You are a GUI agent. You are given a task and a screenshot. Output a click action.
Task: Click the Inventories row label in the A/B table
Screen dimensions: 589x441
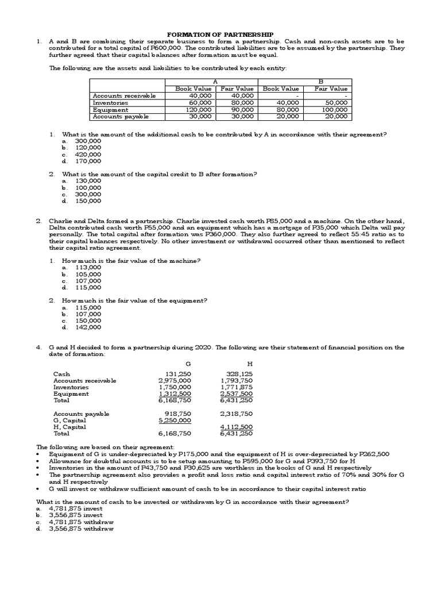(x=110, y=102)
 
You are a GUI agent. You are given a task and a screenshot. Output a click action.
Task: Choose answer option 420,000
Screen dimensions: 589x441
(x=88, y=154)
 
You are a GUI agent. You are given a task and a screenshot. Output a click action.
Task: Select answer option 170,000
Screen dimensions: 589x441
(x=88, y=161)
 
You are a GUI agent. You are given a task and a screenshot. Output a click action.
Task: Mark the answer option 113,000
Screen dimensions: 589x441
(x=88, y=267)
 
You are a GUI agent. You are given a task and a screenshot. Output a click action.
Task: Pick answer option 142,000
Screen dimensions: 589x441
(x=88, y=327)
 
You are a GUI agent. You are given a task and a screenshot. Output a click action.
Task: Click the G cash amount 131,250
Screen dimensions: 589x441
(x=178, y=373)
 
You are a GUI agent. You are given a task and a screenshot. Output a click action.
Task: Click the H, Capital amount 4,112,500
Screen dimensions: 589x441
(x=236, y=427)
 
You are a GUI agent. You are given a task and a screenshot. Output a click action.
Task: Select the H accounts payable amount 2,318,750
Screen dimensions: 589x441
(x=236, y=413)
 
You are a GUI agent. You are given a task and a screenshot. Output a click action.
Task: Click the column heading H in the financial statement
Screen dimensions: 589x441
(x=249, y=364)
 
